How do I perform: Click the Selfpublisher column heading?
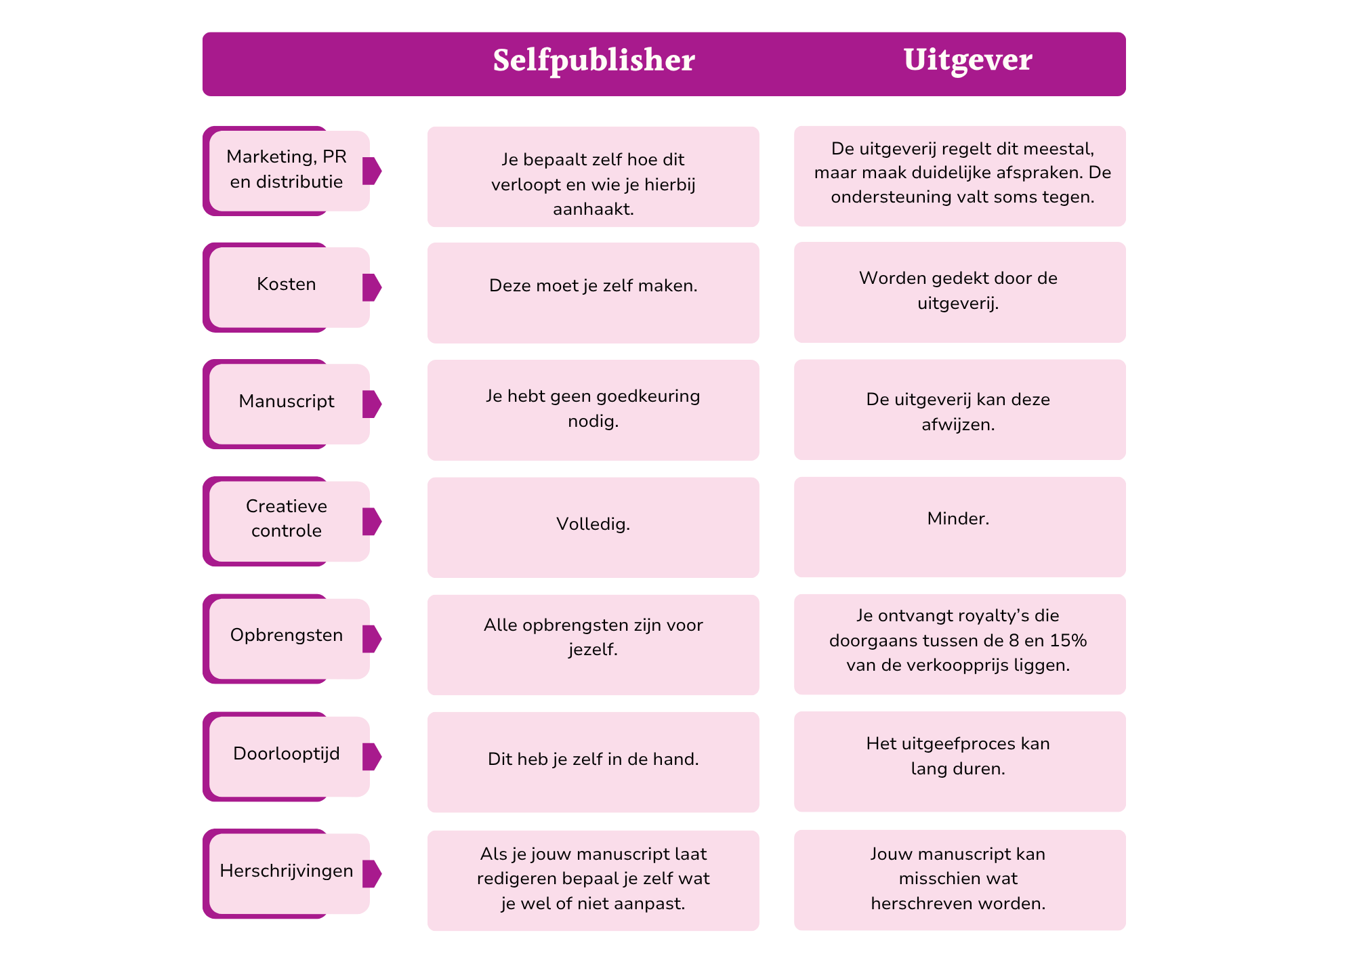tap(593, 60)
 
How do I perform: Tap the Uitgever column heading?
tap(967, 60)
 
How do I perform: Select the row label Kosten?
tap(286, 284)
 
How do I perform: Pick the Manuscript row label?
tap(286, 401)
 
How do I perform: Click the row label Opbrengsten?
tap(286, 636)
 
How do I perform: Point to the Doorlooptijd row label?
tap(286, 753)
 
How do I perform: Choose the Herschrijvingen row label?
tap(286, 871)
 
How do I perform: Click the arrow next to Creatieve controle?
tap(372, 522)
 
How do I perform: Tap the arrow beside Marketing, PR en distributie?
tap(372, 171)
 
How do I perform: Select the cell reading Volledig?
tap(593, 524)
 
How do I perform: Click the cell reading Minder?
tap(958, 519)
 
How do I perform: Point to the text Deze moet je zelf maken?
tap(593, 286)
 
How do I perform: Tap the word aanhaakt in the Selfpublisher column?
tap(592, 209)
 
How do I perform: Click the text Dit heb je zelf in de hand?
tap(593, 759)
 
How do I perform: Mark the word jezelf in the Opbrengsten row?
tap(592, 650)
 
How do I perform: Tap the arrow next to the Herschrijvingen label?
tap(372, 873)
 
